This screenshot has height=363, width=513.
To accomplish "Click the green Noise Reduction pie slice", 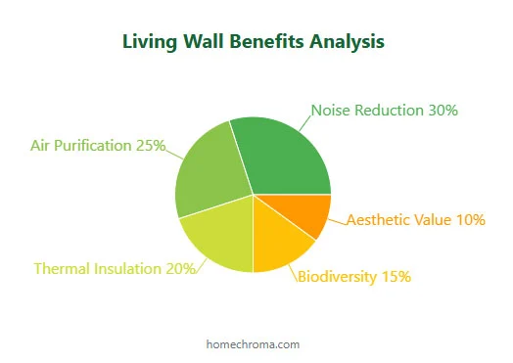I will (284, 157).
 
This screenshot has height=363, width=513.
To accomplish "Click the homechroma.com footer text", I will (253, 344).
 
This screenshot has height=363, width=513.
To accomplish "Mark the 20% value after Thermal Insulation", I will (181, 268).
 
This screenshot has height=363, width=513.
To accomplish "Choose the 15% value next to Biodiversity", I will (396, 277).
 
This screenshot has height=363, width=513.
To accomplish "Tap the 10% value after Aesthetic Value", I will (471, 220).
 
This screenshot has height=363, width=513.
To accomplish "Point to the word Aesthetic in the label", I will (378, 220).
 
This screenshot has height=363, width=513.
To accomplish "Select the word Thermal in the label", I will (61, 268).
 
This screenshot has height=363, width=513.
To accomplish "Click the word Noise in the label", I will (331, 111).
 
